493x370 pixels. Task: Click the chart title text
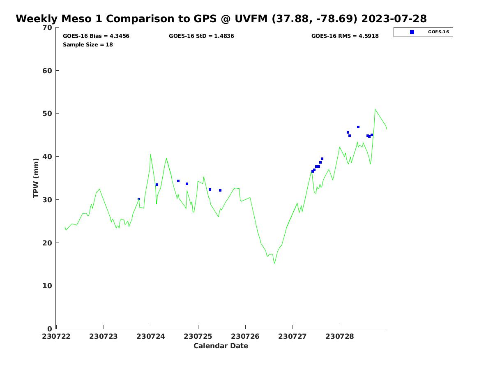(x=221, y=19)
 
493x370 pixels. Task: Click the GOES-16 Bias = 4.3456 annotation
(x=96, y=36)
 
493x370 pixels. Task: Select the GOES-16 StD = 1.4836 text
(x=201, y=36)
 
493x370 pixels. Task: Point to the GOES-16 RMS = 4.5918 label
(x=345, y=36)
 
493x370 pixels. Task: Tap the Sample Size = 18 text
(x=88, y=45)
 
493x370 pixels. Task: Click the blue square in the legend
(x=412, y=32)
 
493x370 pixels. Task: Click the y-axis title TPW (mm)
(x=36, y=178)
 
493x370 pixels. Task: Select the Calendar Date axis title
(x=221, y=346)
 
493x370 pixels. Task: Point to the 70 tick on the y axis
(x=48, y=28)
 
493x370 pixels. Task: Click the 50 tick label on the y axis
(x=48, y=114)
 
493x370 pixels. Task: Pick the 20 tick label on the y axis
(x=48, y=243)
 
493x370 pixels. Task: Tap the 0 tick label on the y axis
(x=50, y=329)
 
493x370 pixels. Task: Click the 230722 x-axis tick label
(x=56, y=336)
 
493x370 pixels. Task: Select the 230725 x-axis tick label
(x=198, y=336)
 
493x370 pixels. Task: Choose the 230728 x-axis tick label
(x=340, y=336)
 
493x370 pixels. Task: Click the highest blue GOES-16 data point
(x=358, y=127)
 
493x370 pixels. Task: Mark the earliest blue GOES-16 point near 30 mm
(x=139, y=199)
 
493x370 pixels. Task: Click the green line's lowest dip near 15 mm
(x=275, y=263)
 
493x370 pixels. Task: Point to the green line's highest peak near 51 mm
(x=375, y=109)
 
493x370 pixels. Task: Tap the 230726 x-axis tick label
(x=245, y=336)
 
